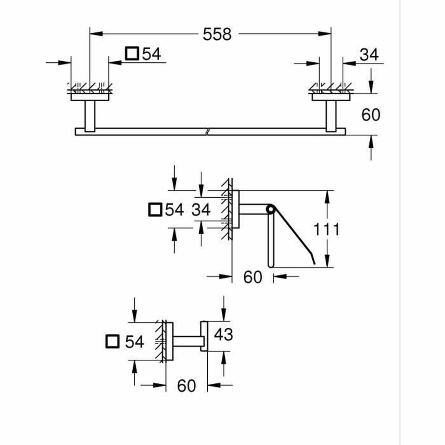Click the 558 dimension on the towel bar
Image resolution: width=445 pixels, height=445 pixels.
click(217, 34)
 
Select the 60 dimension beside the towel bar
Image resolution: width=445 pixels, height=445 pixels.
click(371, 115)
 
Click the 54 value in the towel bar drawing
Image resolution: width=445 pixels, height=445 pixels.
click(152, 54)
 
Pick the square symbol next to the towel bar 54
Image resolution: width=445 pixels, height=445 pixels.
click(132, 54)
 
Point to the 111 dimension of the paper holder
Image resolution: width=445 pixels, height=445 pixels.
click(327, 230)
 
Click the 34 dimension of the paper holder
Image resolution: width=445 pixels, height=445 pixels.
click(201, 210)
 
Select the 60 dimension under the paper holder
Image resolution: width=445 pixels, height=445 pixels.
click(253, 277)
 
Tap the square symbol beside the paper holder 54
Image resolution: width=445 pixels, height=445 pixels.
click(155, 210)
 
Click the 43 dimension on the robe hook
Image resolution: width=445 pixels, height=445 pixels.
click(224, 334)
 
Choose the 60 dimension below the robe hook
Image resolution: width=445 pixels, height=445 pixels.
click(186, 386)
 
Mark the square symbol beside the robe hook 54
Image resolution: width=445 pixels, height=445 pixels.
click(112, 342)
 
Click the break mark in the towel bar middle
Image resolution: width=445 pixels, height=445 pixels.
click(209, 132)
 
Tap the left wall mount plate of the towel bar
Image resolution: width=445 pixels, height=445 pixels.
click(90, 97)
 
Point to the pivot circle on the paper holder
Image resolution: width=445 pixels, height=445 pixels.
click(271, 210)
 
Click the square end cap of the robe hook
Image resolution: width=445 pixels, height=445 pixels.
click(204, 336)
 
